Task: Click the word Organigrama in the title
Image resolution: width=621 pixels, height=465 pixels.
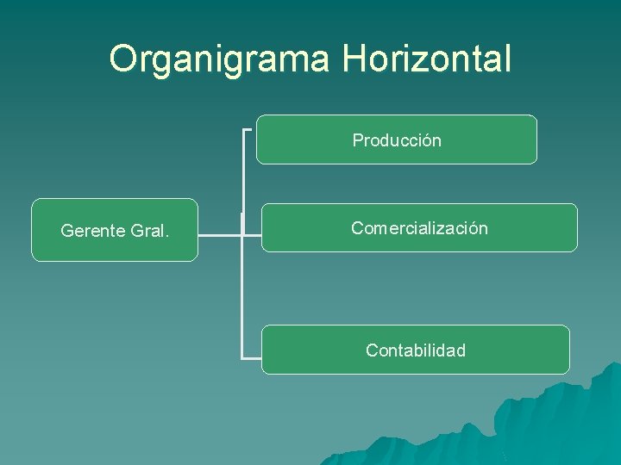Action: (221, 59)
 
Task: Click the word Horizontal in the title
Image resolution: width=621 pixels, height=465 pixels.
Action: (427, 59)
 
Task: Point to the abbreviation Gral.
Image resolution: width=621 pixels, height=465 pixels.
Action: (148, 231)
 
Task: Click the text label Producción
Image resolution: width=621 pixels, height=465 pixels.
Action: (397, 140)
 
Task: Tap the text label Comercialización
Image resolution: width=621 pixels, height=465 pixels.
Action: (419, 228)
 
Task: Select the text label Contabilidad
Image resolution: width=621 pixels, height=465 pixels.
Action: (416, 350)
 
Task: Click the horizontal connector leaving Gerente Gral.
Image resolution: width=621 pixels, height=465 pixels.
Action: (220, 233)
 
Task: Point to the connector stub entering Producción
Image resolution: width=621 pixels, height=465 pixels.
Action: (248, 130)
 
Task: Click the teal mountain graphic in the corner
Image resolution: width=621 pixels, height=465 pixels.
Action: (552, 422)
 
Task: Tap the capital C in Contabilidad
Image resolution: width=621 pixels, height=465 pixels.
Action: (372, 350)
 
